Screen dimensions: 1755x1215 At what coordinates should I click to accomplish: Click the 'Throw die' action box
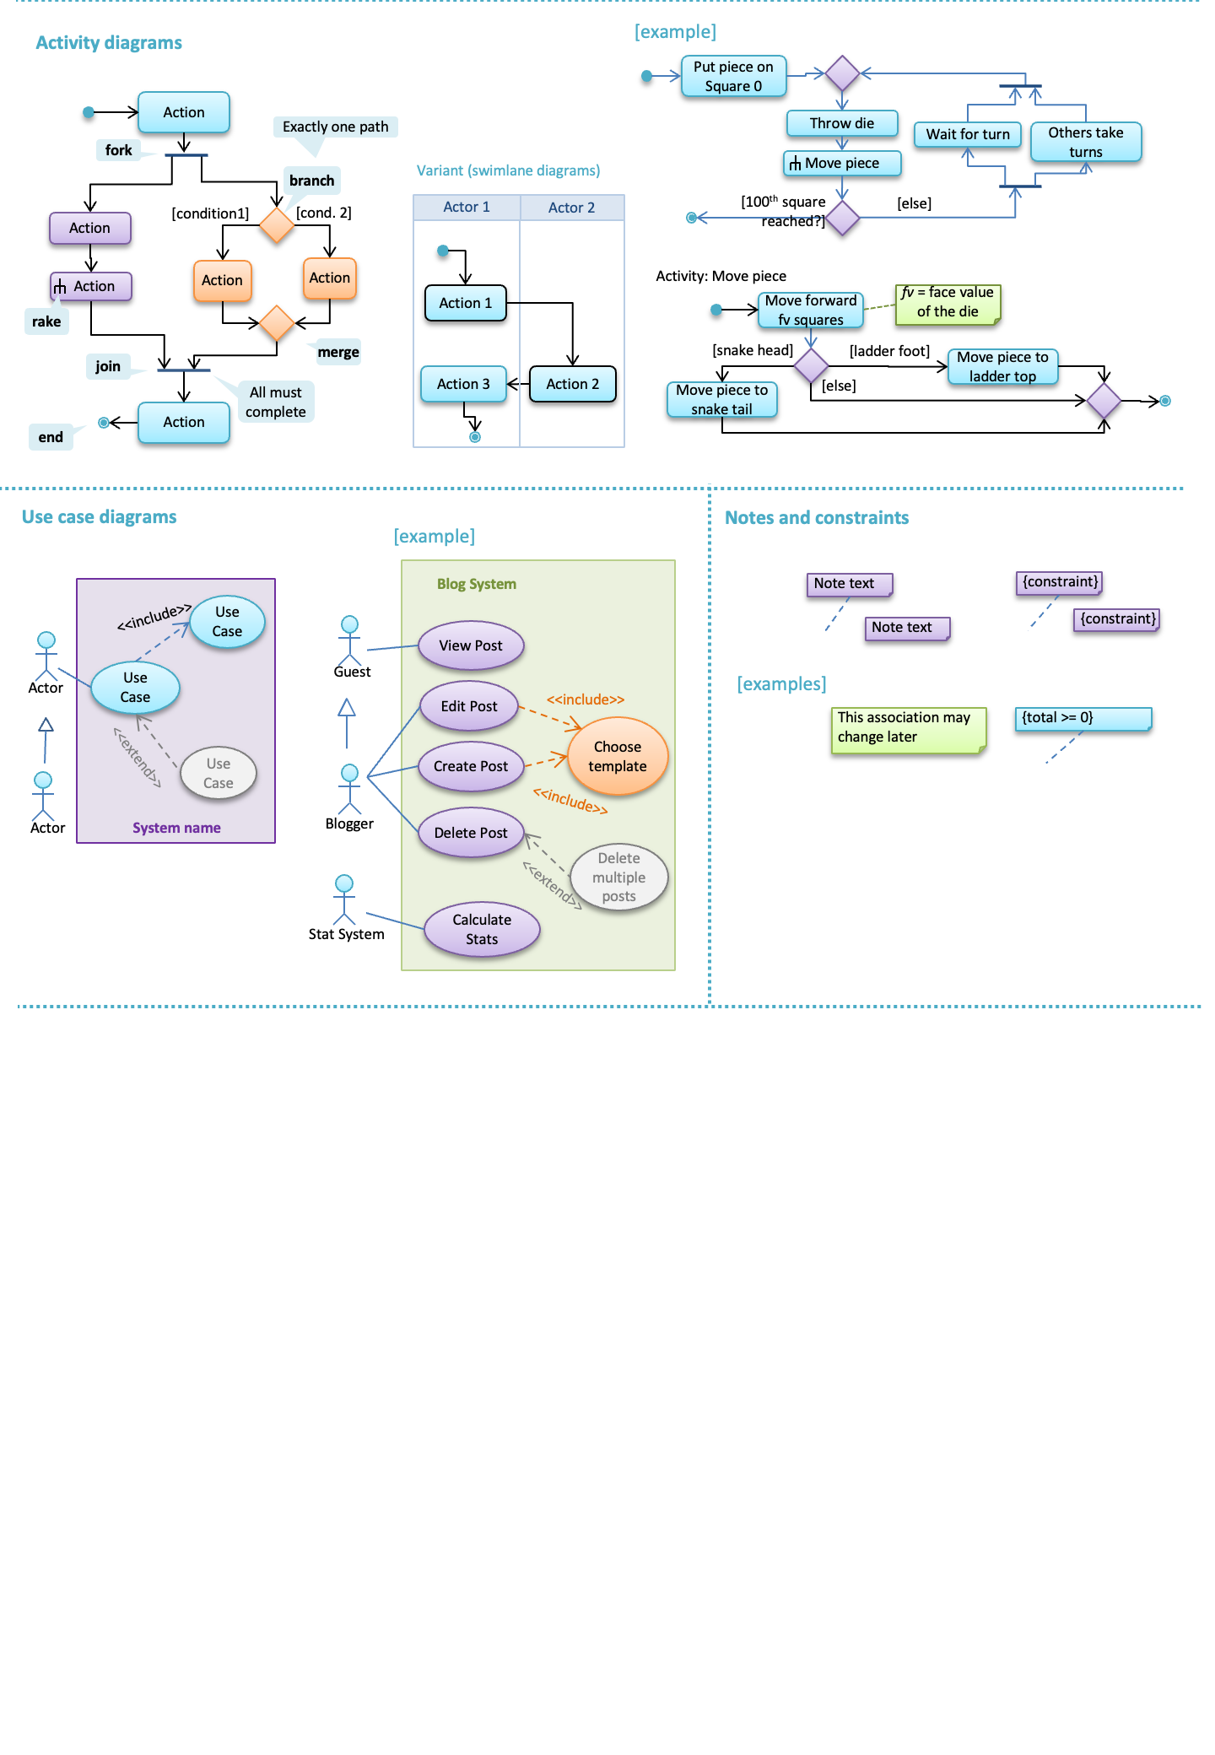coord(842,123)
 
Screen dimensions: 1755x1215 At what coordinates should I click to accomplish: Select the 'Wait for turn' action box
coord(968,134)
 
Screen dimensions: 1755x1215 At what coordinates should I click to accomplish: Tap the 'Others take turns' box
coord(1085,142)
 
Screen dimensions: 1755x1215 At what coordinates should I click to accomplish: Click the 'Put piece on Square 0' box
coord(733,77)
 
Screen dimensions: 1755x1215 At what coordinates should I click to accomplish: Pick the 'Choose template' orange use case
coord(618,757)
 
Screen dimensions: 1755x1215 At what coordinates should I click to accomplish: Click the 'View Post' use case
coord(471,645)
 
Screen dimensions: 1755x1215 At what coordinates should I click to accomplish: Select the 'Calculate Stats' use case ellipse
coord(482,930)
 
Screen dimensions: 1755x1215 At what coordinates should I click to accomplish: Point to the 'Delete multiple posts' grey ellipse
coord(618,877)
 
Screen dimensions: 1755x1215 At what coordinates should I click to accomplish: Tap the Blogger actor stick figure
coord(349,788)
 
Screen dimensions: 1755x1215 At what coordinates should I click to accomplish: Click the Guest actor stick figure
coord(349,640)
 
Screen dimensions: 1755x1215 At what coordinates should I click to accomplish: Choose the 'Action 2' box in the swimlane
coord(572,384)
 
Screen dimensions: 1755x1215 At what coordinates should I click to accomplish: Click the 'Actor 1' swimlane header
coord(467,208)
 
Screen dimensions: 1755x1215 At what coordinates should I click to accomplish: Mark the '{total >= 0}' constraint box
coord(1083,719)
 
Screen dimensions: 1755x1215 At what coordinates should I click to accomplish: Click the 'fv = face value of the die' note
coord(948,303)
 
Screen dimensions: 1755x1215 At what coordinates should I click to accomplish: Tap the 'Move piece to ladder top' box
coord(1002,367)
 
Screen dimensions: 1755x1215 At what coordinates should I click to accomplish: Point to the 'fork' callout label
coord(119,150)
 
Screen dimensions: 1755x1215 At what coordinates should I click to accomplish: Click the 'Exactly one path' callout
coord(335,127)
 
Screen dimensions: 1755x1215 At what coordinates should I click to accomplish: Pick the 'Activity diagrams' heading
coord(109,43)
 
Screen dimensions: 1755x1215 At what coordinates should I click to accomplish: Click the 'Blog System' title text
coord(476,584)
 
